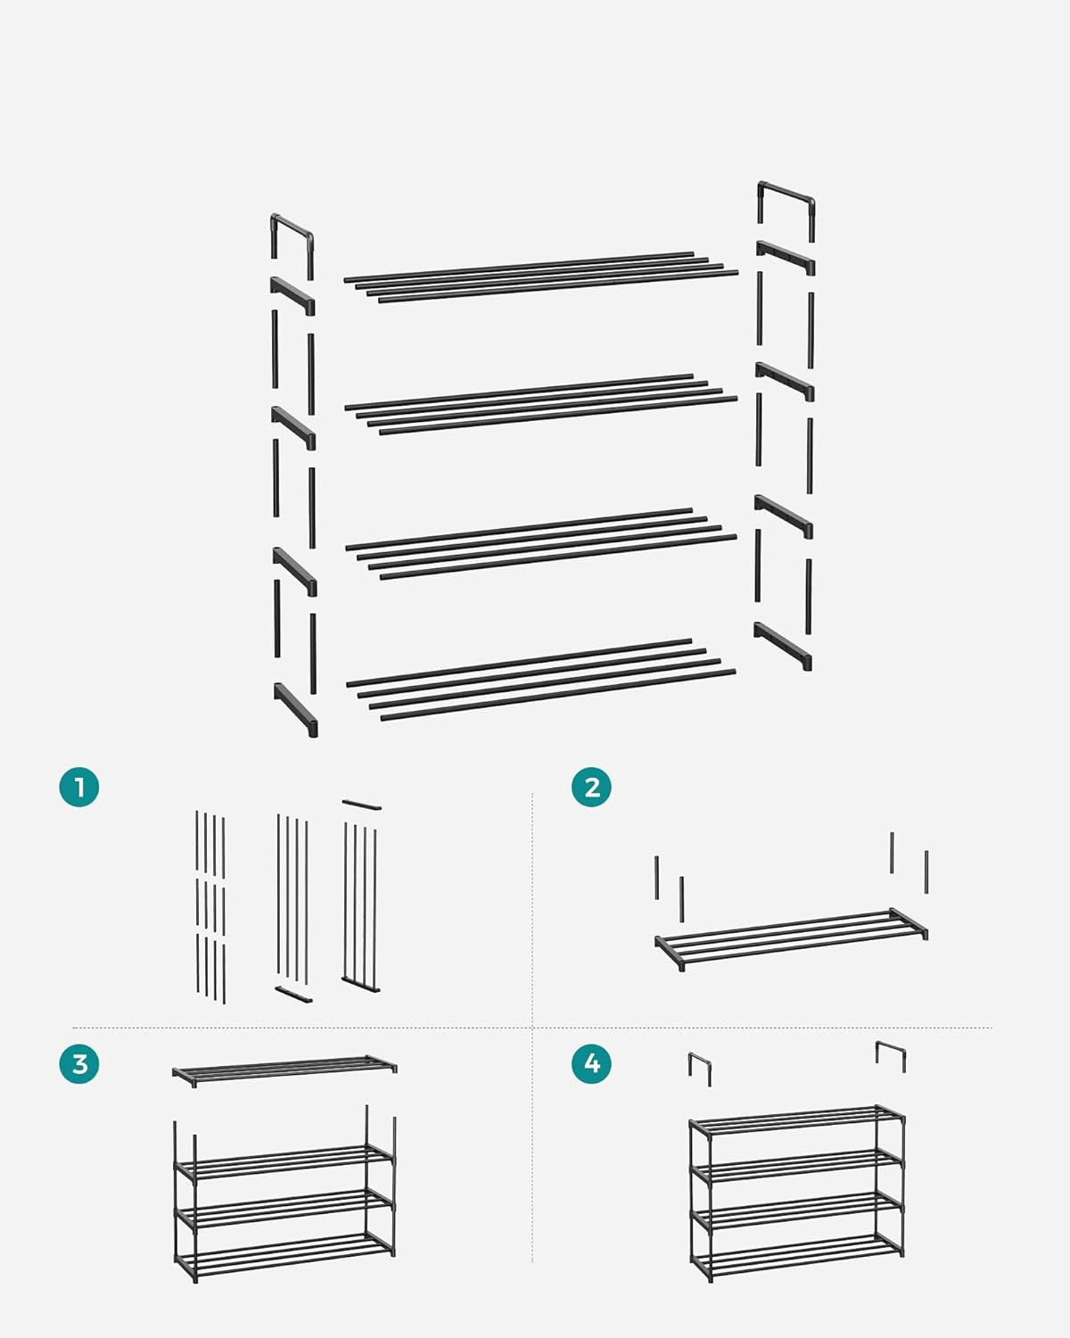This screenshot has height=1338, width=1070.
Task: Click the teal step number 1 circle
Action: coord(79,788)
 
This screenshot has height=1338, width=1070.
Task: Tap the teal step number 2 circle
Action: coord(591,788)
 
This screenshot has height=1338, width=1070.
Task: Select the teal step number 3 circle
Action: coord(79,1063)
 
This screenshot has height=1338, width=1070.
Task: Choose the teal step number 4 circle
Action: coord(591,1063)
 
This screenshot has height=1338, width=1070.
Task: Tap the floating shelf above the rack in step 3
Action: coord(284,1069)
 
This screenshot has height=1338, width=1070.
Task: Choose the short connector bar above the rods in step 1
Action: coord(361,805)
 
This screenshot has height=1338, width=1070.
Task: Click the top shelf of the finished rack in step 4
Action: coord(796,1120)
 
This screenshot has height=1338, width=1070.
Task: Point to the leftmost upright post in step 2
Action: coord(657,878)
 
